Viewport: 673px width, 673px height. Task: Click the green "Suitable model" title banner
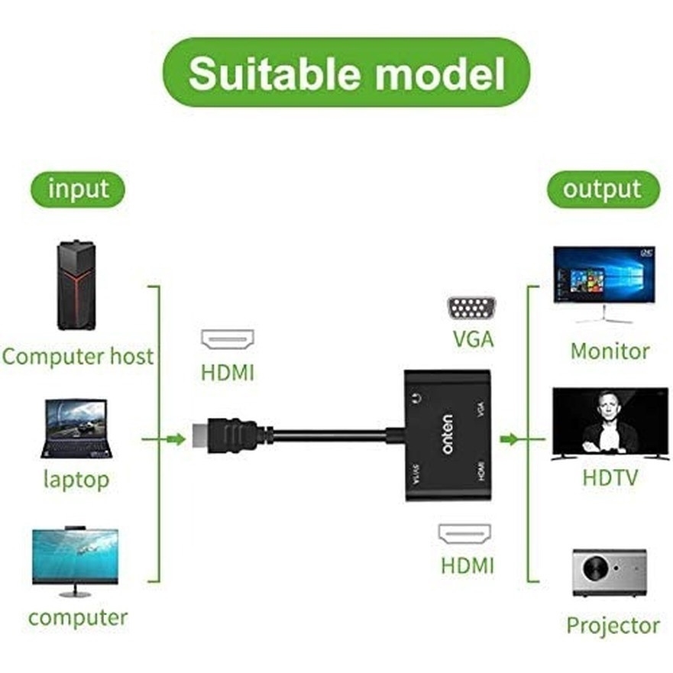[345, 73]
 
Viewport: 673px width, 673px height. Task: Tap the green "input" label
[78, 189]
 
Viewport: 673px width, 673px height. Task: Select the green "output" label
[602, 189]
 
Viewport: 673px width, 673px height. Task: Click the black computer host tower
[76, 285]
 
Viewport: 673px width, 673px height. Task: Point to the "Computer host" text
[77, 356]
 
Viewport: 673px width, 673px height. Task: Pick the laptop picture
[76, 429]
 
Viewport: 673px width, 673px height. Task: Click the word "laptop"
[76, 480]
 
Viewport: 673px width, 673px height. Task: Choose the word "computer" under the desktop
[77, 617]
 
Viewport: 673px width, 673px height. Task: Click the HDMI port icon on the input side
[227, 339]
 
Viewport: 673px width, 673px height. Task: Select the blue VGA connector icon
[471, 309]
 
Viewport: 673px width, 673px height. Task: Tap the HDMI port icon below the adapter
[464, 533]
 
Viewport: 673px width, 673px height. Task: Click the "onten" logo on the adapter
[447, 435]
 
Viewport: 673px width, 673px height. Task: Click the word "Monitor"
[610, 351]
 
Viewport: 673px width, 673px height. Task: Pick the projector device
[609, 572]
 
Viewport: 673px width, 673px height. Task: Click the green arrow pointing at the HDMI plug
[175, 438]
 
